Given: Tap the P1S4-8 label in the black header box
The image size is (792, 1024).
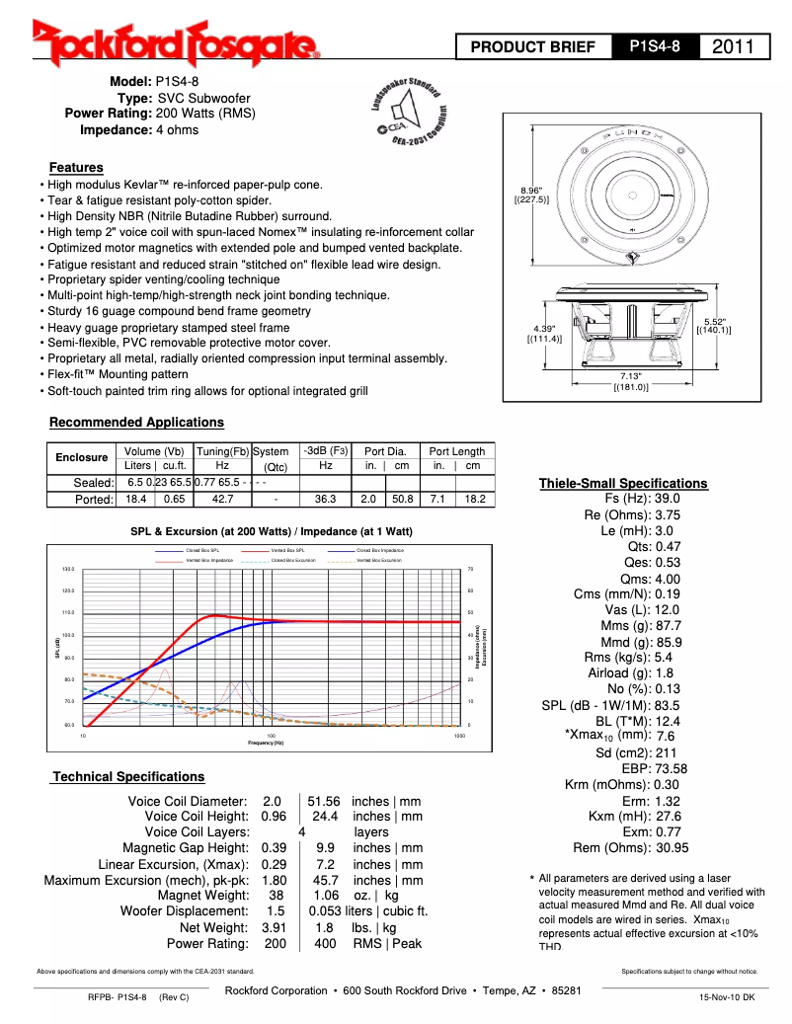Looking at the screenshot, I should (655, 46).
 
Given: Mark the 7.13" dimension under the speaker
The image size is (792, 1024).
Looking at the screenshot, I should (630, 376).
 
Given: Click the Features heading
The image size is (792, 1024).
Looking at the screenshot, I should (76, 168).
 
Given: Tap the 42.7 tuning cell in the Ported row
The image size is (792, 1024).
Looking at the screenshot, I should (222, 500).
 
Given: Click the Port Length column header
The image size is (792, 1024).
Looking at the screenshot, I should (456, 451).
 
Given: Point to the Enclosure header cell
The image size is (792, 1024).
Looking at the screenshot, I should (81, 458).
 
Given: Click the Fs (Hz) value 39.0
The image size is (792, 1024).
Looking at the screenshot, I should (668, 499).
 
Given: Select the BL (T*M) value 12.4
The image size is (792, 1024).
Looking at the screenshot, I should (668, 721).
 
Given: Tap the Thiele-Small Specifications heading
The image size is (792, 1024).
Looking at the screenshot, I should (623, 483).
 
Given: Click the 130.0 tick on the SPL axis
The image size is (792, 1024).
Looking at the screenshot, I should (68, 570).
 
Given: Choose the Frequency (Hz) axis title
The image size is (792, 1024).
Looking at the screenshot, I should (266, 743).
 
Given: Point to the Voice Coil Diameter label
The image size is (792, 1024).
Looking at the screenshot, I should (188, 801).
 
